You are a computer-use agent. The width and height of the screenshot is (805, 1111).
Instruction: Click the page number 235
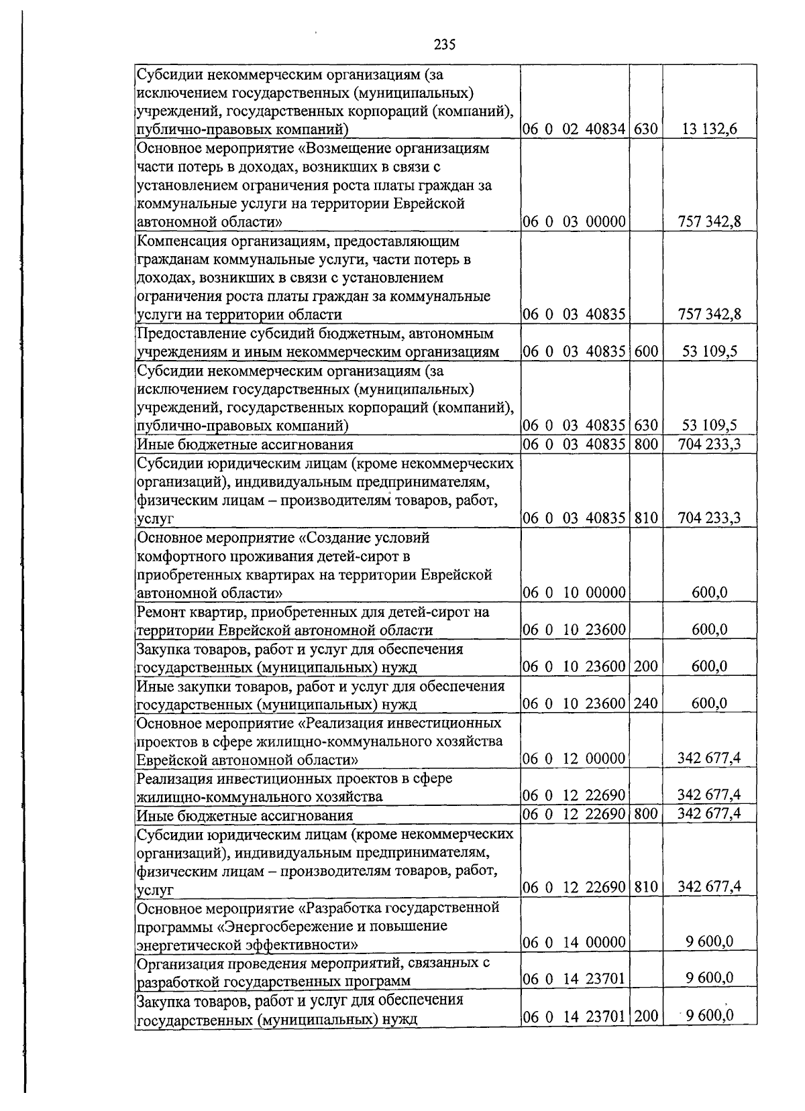[x=444, y=45]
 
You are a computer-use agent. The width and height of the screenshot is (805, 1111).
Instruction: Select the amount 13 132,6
[x=710, y=129]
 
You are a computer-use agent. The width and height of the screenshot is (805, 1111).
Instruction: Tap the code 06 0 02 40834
[x=575, y=129]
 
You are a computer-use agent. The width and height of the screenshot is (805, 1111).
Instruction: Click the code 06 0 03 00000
[x=575, y=222]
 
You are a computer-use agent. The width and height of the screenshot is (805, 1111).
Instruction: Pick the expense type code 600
[x=645, y=351]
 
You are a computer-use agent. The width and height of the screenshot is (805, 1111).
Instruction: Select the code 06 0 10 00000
[x=575, y=593]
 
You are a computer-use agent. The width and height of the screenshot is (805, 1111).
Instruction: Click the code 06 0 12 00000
[x=575, y=759]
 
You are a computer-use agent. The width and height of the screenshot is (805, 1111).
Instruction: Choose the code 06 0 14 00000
[x=575, y=942]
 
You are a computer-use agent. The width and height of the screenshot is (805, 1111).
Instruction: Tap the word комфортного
[x=180, y=557]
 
